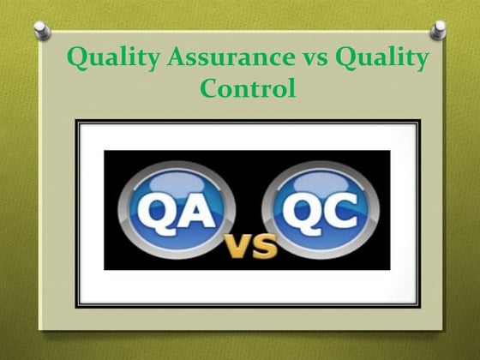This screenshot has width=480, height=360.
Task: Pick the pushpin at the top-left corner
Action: click(x=40, y=31)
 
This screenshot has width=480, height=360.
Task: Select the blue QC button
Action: click(x=319, y=207)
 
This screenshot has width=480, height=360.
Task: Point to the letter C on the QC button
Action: click(x=342, y=208)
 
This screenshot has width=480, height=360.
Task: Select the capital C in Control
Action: click(x=209, y=87)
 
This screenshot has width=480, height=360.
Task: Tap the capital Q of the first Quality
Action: click(x=76, y=59)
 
